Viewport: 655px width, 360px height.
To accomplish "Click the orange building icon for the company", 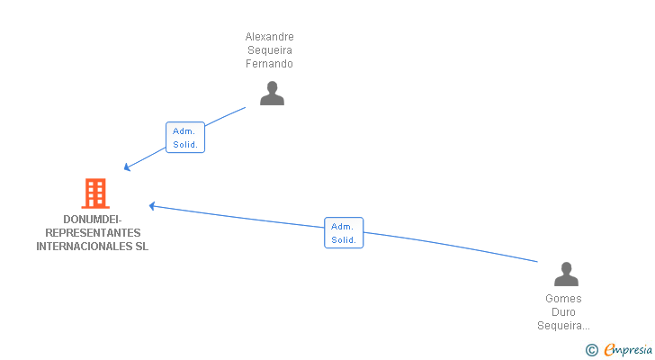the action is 94,193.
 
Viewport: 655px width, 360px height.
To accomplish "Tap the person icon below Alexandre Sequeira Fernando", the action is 272,94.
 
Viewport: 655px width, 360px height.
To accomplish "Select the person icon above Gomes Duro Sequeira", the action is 566,274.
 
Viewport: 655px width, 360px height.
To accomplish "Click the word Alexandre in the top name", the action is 270,37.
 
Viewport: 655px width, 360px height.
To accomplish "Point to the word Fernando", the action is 270,64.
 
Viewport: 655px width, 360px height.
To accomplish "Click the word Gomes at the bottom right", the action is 563,299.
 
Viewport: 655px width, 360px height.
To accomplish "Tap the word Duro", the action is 563,312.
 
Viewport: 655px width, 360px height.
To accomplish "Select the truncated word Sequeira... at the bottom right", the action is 563,326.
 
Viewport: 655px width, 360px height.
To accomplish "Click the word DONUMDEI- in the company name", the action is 93,220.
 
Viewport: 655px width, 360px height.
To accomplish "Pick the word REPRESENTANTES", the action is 93,233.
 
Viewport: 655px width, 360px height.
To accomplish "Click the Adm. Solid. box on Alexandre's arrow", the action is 185,138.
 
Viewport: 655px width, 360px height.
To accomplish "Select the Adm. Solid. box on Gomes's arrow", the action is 344,233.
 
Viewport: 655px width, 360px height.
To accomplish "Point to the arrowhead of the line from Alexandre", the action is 127,167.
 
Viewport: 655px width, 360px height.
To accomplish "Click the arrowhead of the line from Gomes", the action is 152,206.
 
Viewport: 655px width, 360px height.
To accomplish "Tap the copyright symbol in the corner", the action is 591,350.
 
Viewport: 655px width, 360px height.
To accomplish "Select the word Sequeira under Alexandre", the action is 270,50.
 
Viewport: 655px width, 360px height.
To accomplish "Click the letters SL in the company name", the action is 141,247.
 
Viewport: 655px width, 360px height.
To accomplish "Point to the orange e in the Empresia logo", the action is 608,350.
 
